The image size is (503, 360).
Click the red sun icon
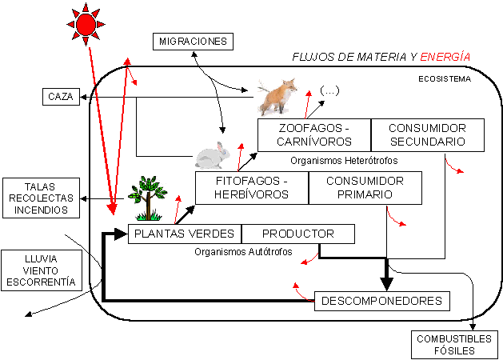click(86, 24)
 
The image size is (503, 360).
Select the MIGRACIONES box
click(193, 42)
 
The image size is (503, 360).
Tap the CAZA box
click(61, 97)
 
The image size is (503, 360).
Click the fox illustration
click(277, 97)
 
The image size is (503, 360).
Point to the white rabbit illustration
click(213, 156)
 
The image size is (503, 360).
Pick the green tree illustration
click(147, 198)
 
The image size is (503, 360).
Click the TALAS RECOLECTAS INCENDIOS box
click(41, 198)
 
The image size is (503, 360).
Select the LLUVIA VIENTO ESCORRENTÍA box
click(42, 270)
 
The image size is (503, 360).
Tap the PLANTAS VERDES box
click(185, 234)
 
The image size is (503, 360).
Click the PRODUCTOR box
click(298, 234)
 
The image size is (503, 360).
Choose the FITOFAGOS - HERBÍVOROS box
click(252, 188)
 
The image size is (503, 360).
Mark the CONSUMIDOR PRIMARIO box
click(365, 188)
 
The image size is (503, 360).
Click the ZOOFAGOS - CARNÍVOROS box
click(314, 135)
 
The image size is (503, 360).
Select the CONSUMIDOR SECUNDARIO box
click(428, 135)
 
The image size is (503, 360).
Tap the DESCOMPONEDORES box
click(382, 301)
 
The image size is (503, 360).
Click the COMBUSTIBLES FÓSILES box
click(454, 345)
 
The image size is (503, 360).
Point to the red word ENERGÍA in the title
click(445, 57)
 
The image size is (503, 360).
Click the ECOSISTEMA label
click(445, 79)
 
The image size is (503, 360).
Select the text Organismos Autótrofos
click(243, 252)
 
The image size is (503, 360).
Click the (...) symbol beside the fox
click(329, 91)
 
